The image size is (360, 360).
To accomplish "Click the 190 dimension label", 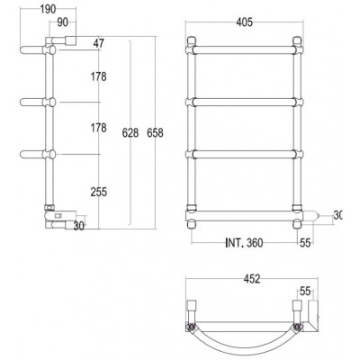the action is click(x=48, y=9).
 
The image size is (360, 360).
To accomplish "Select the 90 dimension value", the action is click(x=62, y=22).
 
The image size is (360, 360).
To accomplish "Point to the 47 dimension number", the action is click(x=98, y=43).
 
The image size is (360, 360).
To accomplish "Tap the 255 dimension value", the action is click(x=99, y=192).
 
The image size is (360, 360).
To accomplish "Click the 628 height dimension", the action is click(x=130, y=132).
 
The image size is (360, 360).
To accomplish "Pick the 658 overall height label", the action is click(x=155, y=132).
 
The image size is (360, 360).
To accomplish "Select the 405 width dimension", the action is click(x=245, y=22).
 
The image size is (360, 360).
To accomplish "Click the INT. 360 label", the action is click(x=244, y=243).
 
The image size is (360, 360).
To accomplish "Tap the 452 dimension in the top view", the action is click(x=252, y=279).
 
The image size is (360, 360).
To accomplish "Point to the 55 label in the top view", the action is click(x=305, y=292).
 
